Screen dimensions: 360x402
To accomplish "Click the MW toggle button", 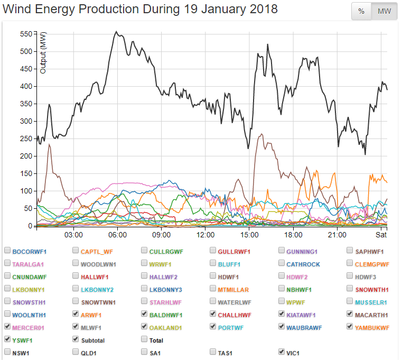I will click(x=384, y=12).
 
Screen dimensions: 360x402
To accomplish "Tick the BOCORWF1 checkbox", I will click(x=8, y=251).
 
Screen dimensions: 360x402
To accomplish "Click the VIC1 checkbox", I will click(x=282, y=352).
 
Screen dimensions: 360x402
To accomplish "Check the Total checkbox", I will click(x=145, y=340).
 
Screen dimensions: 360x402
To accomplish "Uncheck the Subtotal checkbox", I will click(x=76, y=340).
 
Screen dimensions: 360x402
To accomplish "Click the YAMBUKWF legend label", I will click(x=372, y=328).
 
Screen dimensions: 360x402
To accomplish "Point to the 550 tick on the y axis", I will click(x=26, y=34).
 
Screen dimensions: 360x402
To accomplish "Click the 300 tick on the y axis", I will click(x=26, y=122).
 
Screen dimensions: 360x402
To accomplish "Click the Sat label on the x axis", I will click(x=381, y=235).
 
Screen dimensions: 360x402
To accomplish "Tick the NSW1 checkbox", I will click(x=8, y=352).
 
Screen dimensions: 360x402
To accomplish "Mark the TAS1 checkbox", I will click(x=213, y=352).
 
